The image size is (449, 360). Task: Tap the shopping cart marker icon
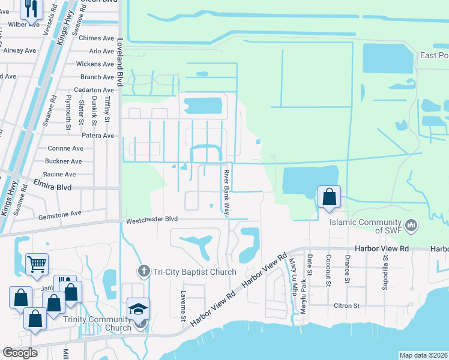pyautogui.click(x=37, y=263)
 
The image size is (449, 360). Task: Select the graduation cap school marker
pyautogui.click(x=139, y=309)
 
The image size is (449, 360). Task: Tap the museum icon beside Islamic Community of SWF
pyautogui.click(x=411, y=226)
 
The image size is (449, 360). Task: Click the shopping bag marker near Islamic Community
pyautogui.click(x=330, y=197)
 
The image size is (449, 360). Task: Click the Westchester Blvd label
pyautogui.click(x=153, y=220)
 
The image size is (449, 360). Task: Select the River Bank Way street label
pyautogui.click(x=228, y=192)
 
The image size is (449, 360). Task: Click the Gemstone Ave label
pyautogui.click(x=59, y=213)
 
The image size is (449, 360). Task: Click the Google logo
pyautogui.click(x=20, y=352)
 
